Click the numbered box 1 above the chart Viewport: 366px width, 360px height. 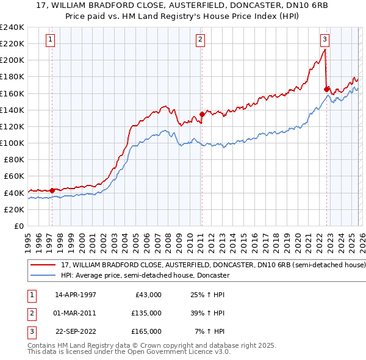(50, 40)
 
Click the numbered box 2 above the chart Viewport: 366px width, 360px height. (200, 40)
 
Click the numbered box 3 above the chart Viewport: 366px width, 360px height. (325, 40)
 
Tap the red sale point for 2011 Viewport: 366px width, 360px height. (202, 114)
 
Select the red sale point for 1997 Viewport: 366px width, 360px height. (52, 190)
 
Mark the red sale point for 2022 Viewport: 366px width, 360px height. (327, 89)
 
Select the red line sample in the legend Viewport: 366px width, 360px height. (45, 265)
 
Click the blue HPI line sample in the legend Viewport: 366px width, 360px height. (45, 276)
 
